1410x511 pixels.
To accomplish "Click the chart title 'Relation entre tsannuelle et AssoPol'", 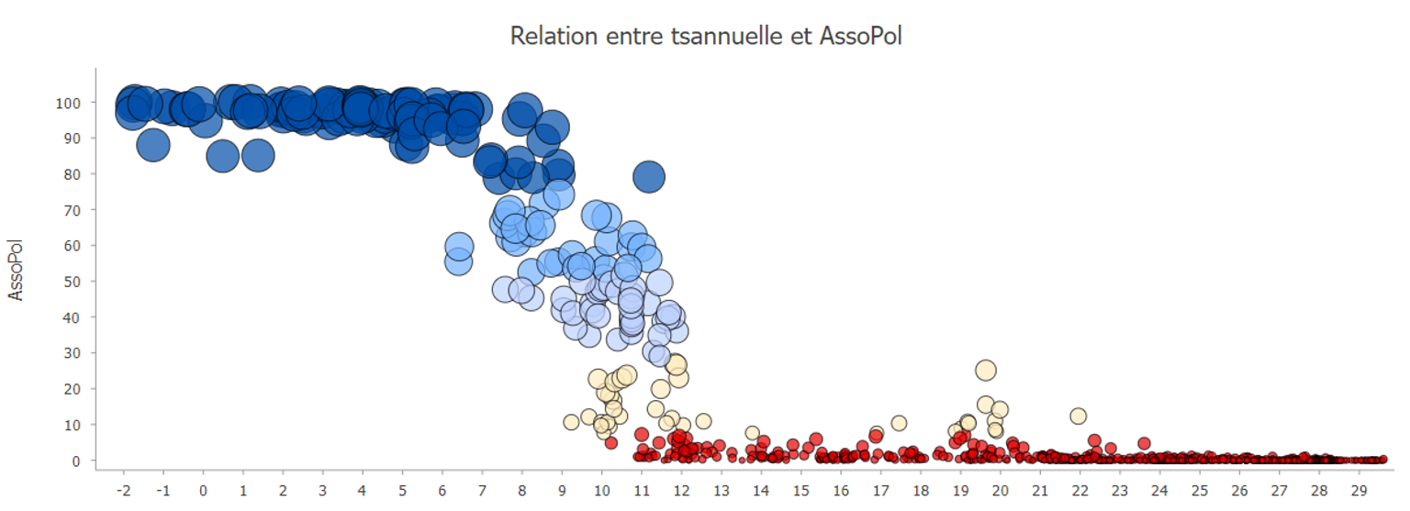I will click(705, 37).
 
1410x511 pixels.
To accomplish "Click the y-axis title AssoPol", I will click(16, 271).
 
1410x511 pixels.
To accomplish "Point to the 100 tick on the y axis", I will click(67, 102).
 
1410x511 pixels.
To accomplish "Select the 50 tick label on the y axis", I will click(71, 281).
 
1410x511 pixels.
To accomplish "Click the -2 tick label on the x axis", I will click(124, 490).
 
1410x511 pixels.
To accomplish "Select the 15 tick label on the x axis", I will click(800, 490).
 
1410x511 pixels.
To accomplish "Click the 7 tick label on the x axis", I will click(482, 490).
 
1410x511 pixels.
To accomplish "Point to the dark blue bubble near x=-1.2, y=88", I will click(153, 144).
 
